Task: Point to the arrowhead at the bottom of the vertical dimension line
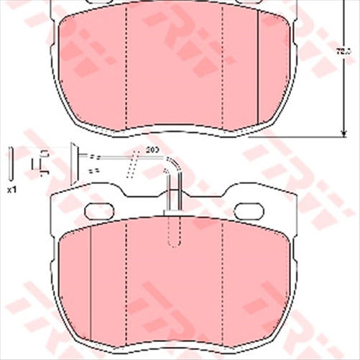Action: pyautogui.click(x=341, y=131)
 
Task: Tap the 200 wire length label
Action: pyautogui.click(x=152, y=149)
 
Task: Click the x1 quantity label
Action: pyautogui.click(x=11, y=189)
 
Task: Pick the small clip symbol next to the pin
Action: pyautogui.click(x=42, y=164)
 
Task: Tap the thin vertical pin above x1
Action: pyautogui.click(x=11, y=165)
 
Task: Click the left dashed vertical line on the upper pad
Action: pyautogui.click(x=126, y=68)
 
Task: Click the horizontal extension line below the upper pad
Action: pyautogui.click(x=309, y=135)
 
